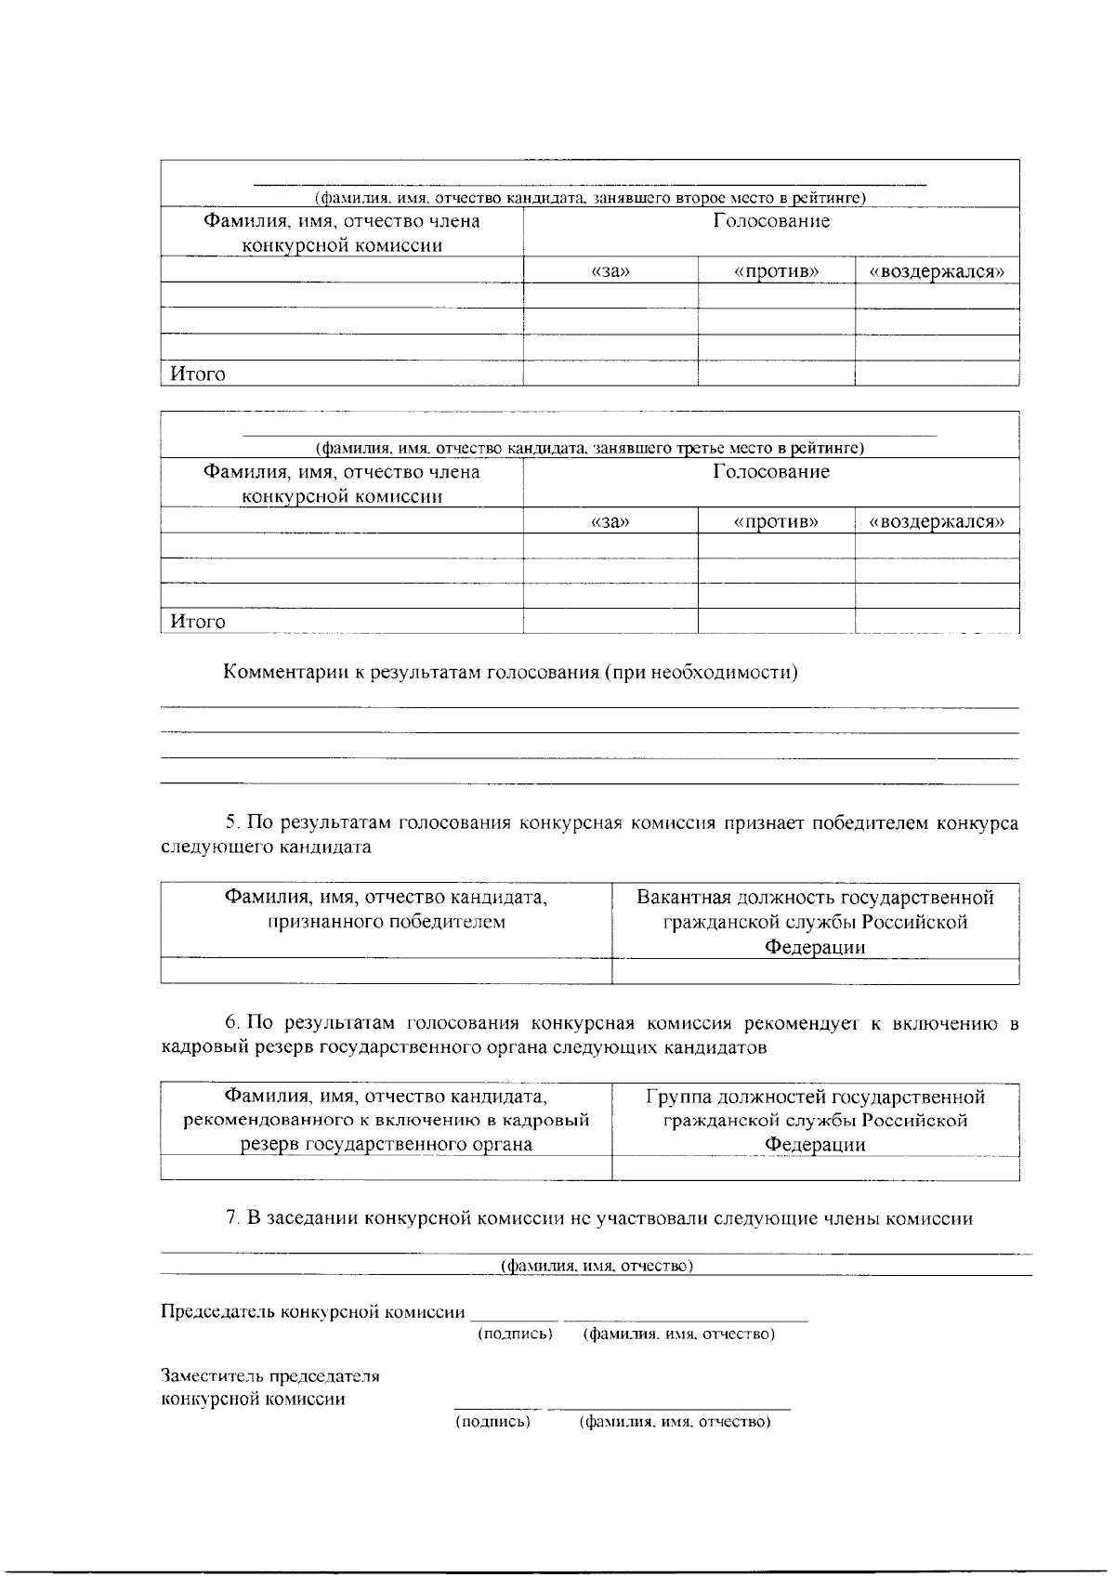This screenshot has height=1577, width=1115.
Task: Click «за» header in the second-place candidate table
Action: point(610,271)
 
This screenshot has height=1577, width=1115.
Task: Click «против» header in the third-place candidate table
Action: point(776,521)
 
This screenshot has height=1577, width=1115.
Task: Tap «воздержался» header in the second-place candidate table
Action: point(937,271)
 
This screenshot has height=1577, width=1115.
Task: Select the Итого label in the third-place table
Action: point(197,622)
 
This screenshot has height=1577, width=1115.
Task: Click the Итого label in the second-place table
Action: point(197,375)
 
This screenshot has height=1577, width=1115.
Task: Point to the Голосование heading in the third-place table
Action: point(771,472)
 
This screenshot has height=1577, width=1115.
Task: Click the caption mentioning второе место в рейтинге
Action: point(590,198)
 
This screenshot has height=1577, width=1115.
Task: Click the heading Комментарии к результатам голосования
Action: point(510,673)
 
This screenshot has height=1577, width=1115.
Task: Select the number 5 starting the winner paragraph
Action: point(231,823)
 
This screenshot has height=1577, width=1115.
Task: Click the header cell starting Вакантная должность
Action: point(815,922)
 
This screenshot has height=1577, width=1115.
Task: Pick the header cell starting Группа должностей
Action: point(815,1120)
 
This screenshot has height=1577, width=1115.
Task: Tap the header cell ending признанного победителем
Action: point(386,910)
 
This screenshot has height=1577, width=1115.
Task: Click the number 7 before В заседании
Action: point(232,1218)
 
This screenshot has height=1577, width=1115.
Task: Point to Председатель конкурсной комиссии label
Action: point(313,1312)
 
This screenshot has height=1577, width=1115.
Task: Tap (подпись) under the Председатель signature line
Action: point(515,1334)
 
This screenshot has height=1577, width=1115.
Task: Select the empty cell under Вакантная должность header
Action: point(815,971)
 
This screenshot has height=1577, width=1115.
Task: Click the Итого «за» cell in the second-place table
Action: point(610,375)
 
